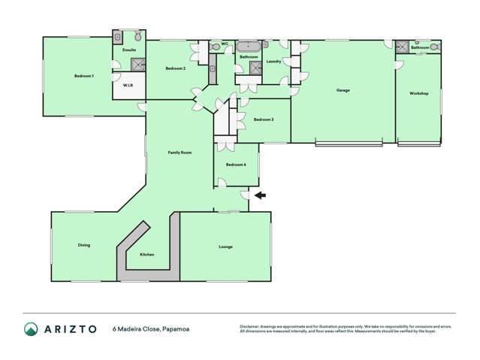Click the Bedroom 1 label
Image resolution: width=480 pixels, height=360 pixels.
point(83,76)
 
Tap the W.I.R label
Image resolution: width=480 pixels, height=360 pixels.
point(128,85)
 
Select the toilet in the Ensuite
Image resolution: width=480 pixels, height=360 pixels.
point(137,36)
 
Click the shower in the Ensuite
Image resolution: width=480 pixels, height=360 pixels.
point(118,36)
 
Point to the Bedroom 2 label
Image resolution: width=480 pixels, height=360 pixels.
point(175,68)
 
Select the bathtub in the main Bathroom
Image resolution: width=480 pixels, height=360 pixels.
point(248,46)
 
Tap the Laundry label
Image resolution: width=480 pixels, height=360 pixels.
point(273,61)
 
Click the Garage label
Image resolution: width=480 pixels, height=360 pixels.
point(343,90)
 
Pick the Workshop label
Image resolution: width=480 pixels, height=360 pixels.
point(418,93)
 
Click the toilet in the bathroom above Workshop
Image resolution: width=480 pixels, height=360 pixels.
point(435,46)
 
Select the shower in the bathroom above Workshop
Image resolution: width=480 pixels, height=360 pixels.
point(403,46)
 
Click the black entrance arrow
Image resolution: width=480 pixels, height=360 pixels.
point(259,195)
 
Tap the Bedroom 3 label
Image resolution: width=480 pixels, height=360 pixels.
point(263,119)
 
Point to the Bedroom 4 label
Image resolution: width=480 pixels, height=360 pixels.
point(235,164)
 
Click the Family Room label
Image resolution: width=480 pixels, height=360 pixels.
point(180,153)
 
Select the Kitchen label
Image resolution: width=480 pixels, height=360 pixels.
point(147,254)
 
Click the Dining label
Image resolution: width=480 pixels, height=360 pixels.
point(84,245)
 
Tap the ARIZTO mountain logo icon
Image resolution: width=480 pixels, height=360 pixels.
point(31,328)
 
